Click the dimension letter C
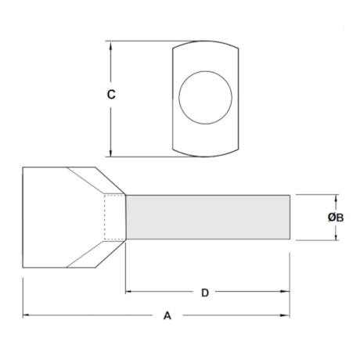[111, 95]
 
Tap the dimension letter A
[166, 316]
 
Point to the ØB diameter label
[334, 217]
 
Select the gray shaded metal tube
[207, 217]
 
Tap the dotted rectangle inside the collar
[115, 217]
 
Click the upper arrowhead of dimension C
[113, 46]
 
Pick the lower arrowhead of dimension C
[113, 153]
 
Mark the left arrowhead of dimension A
[27, 315]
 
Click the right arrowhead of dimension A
[287, 315]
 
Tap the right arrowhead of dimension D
[287, 292]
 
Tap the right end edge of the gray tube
[291, 217]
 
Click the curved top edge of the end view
[204, 43]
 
